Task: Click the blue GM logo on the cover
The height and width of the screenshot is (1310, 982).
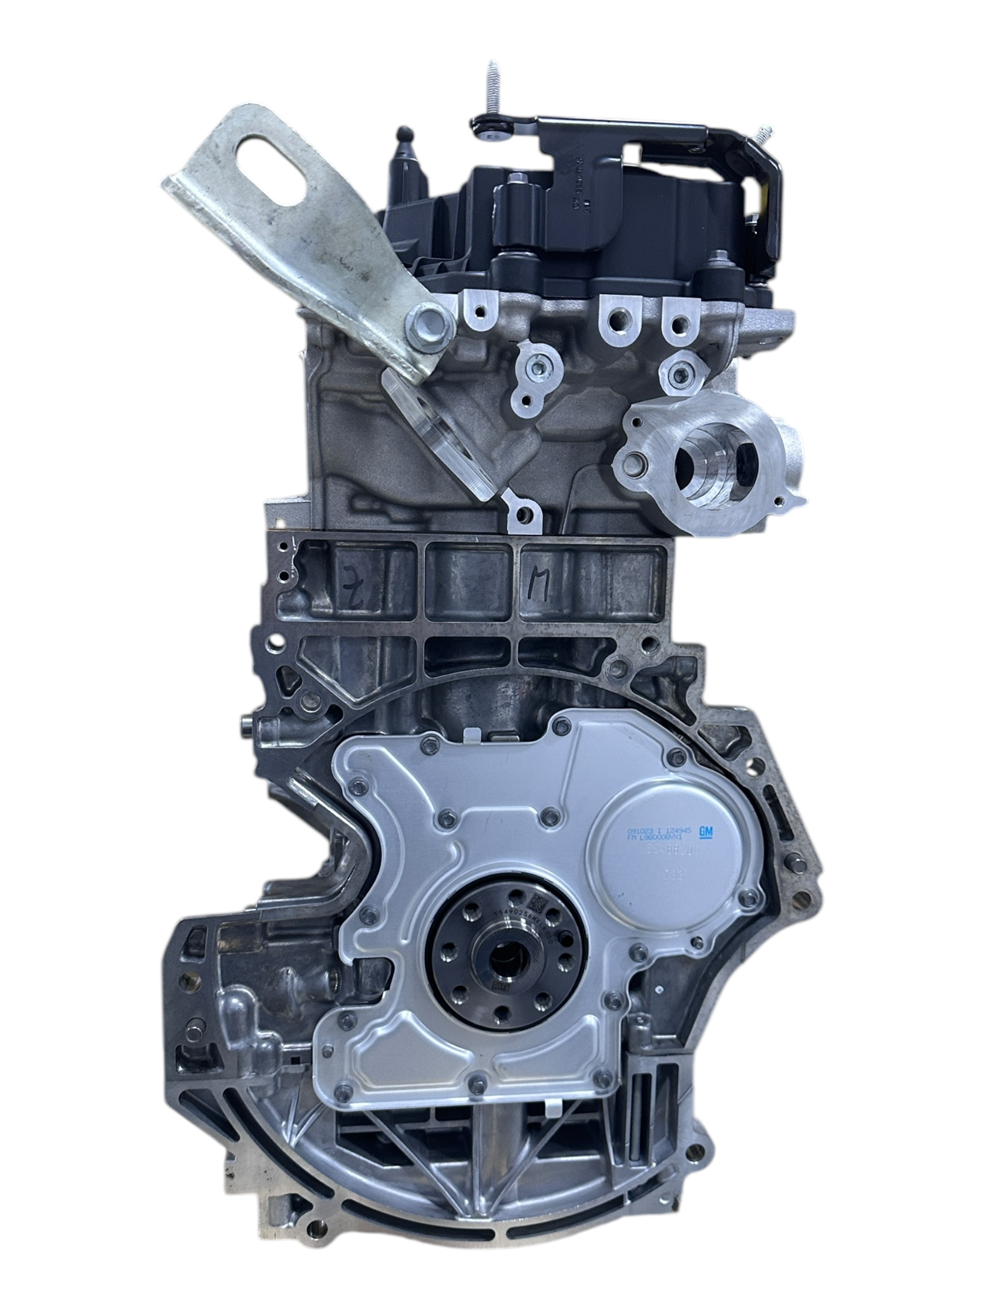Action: [x=706, y=832]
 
